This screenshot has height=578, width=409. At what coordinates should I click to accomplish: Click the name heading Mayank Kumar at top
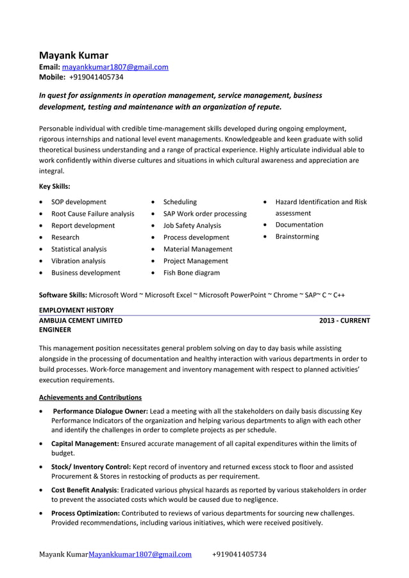pos(74,55)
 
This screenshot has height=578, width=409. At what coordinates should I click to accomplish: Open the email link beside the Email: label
pos(115,67)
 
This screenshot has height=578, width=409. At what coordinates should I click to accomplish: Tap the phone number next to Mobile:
pos(96,77)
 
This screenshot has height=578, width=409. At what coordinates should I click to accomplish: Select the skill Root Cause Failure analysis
pos(93,213)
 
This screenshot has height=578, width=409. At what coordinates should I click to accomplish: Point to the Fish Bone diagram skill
pos(191,273)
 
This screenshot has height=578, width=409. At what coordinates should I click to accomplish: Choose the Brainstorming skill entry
pos(297,237)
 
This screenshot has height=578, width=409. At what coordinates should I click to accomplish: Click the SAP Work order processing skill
pos(204,213)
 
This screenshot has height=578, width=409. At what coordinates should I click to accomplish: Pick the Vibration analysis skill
pos(78,261)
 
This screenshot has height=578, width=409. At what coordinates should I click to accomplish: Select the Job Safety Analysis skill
pos(192,225)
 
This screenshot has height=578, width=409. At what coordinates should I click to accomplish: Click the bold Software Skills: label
pos(63,295)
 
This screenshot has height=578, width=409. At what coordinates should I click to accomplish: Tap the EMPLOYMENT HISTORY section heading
pos(76,310)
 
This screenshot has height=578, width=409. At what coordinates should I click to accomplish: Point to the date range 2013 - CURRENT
pos(344,320)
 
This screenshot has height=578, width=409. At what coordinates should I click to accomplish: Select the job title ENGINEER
pos(55,330)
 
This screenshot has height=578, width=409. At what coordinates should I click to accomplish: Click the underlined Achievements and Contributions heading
pos(90,397)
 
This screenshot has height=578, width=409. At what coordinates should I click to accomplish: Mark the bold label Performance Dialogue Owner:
pos(101,411)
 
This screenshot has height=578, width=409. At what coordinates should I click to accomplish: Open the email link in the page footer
pos(140,554)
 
